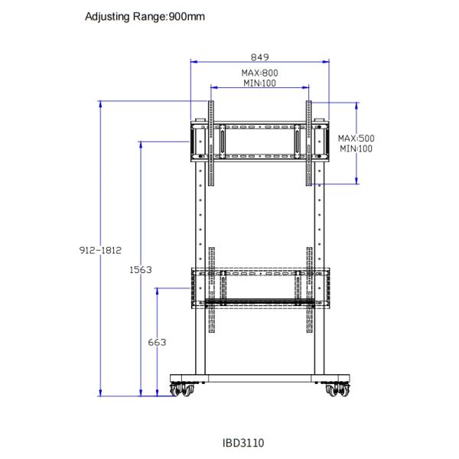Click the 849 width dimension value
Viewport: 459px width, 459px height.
click(260, 57)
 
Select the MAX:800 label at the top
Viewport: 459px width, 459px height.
click(260, 73)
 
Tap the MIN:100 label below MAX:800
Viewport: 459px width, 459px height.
click(260, 83)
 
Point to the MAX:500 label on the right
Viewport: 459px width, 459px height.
click(356, 138)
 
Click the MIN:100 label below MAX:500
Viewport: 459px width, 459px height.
click(356, 148)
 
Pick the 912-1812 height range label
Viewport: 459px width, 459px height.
click(101, 250)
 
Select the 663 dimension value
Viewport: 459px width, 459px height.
click(157, 343)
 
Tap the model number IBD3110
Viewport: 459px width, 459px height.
click(243, 442)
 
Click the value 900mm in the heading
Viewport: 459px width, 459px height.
click(186, 16)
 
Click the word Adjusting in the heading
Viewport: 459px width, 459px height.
click(107, 16)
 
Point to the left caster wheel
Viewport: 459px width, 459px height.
click(184, 389)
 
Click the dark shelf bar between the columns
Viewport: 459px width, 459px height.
click(260, 301)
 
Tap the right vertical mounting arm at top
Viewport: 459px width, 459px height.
click(309, 142)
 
